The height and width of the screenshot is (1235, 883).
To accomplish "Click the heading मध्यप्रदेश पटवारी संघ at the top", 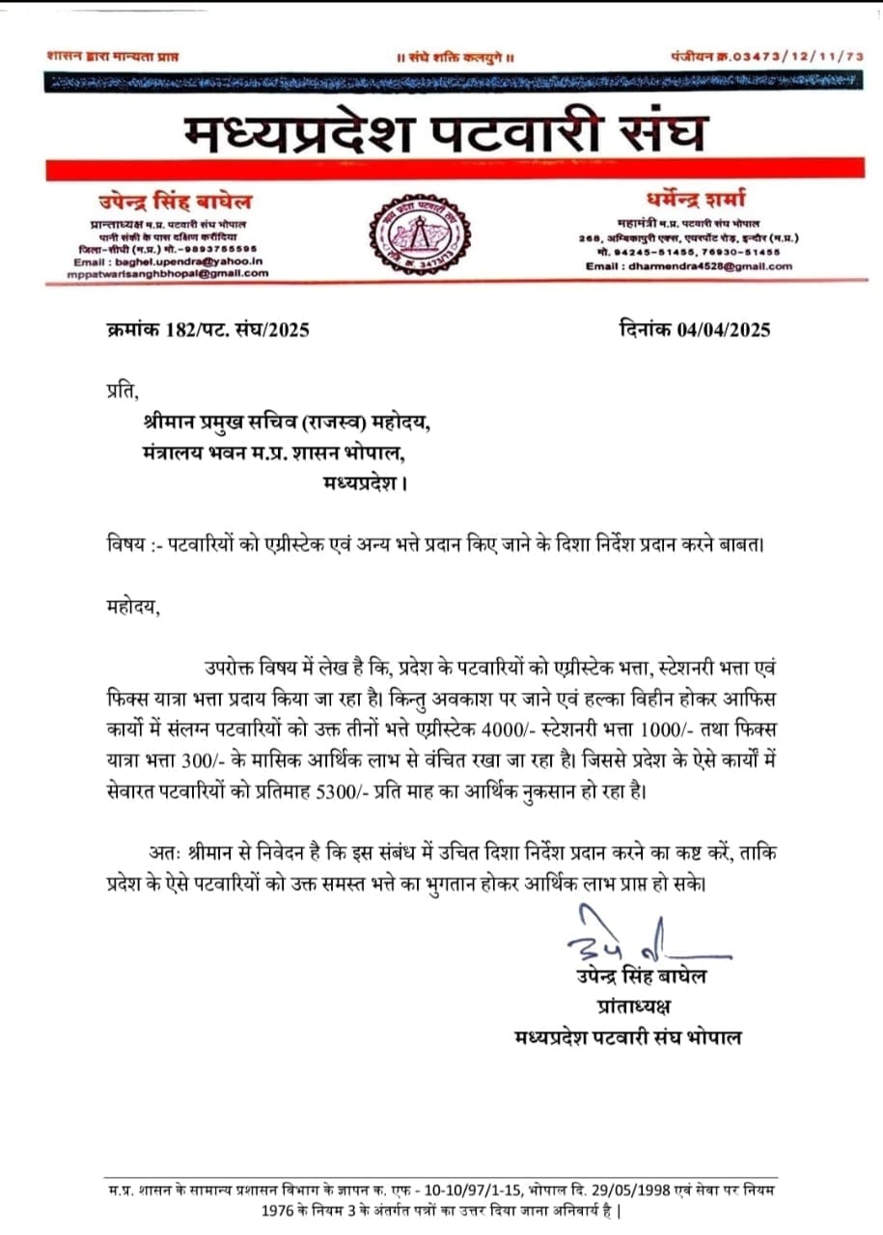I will click(446, 132).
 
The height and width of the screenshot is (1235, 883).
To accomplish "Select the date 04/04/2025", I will click(724, 330).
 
